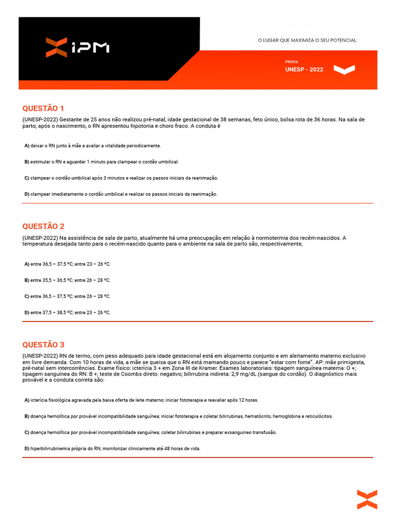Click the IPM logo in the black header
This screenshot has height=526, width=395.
(77, 47)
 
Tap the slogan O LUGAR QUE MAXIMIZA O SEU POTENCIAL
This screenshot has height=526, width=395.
(307, 40)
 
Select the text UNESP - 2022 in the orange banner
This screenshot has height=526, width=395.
(304, 69)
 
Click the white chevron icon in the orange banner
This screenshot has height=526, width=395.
(344, 69)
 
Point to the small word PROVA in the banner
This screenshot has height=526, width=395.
(291, 62)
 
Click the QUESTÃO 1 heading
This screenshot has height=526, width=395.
(43, 108)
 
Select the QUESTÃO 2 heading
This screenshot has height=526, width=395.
(43, 227)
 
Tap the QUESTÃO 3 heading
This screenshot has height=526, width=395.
(43, 345)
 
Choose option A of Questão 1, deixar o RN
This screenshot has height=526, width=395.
(93, 146)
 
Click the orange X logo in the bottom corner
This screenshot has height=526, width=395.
(367, 500)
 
